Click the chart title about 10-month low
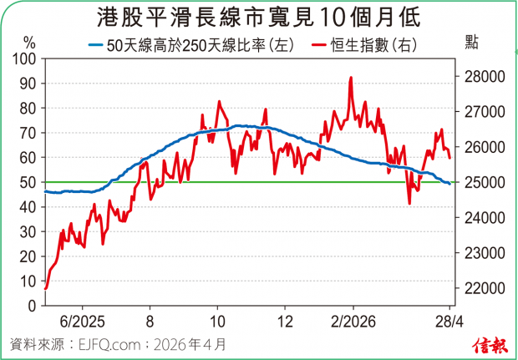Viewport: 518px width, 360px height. pyautogui.click(x=259, y=17)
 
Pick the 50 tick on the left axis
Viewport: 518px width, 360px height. pyautogui.click(x=26, y=182)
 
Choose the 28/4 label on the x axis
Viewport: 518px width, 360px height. pyautogui.click(x=450, y=321)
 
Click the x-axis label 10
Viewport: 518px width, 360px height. pyautogui.click(x=216, y=321)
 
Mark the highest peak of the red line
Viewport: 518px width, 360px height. pyautogui.click(x=351, y=78)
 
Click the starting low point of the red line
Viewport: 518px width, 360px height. pyautogui.click(x=45, y=288)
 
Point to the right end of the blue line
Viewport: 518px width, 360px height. pyautogui.click(x=450, y=184)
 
